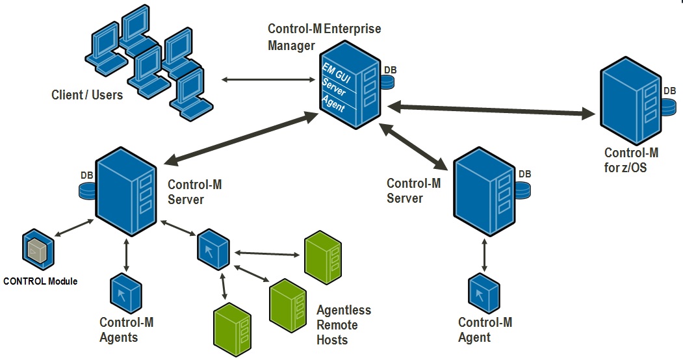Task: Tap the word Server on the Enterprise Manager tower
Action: point(334,87)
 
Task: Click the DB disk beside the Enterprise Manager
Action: point(389,80)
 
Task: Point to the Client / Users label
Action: point(87,95)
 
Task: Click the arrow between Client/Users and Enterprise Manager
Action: point(267,80)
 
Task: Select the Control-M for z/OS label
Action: point(631,161)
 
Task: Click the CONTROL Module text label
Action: point(40,281)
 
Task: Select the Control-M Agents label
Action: point(127,329)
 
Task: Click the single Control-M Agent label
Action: point(485,329)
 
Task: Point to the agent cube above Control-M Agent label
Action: point(483,294)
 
